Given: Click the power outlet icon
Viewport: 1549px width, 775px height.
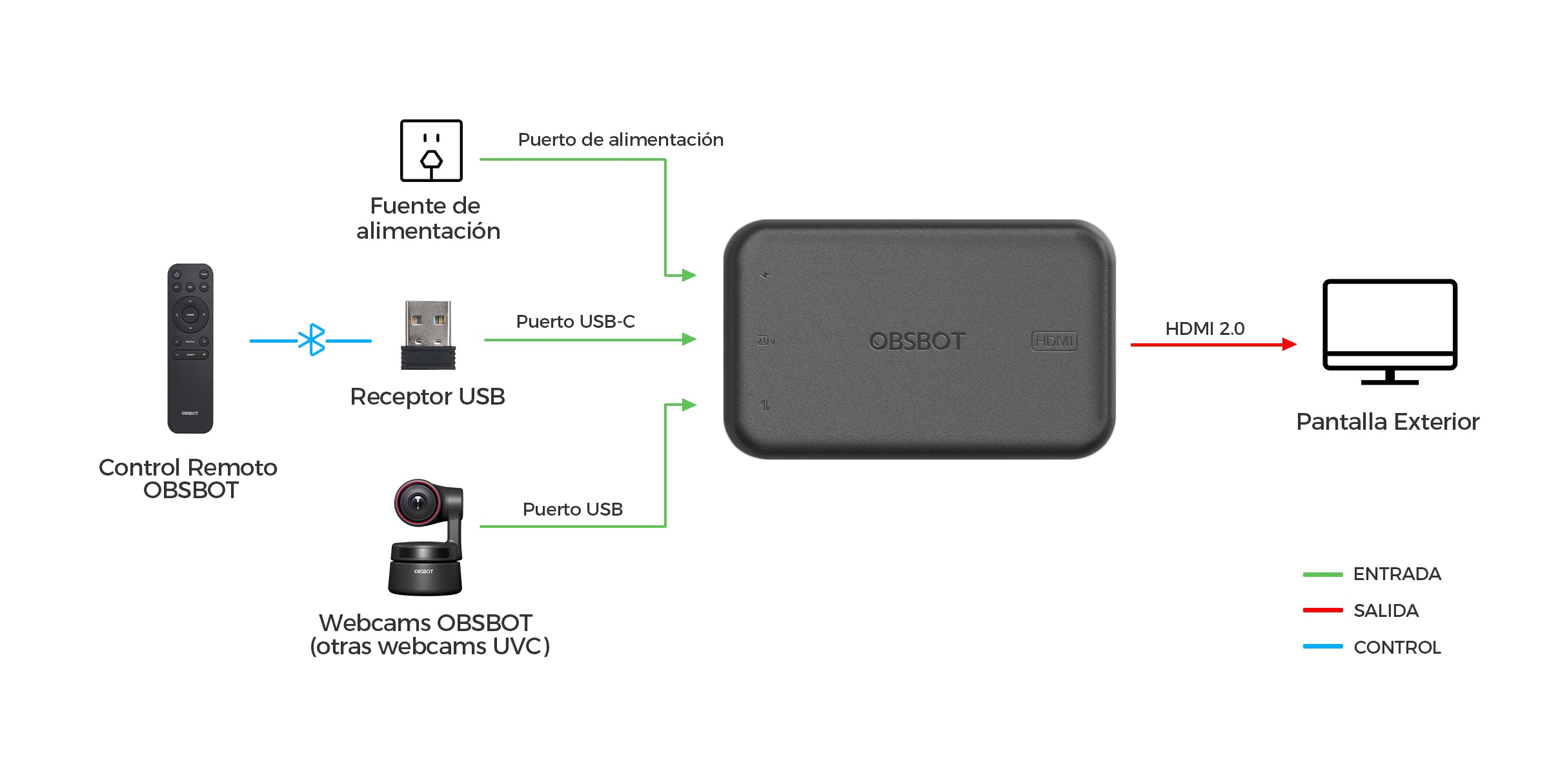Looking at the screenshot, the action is pyautogui.click(x=431, y=150).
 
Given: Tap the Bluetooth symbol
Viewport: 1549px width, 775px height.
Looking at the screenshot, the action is pyautogui.click(x=312, y=339).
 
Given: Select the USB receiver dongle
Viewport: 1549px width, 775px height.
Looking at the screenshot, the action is pyautogui.click(x=428, y=335).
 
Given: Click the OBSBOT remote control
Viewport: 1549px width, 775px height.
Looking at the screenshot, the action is pyautogui.click(x=190, y=348).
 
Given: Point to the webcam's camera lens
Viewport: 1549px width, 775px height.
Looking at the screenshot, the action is pyautogui.click(x=417, y=501).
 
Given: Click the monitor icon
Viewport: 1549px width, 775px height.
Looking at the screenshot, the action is pyautogui.click(x=1390, y=332).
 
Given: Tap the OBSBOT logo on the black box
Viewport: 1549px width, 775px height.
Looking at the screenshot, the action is pyautogui.click(x=917, y=341).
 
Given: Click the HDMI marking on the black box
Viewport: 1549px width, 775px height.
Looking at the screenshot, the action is pyautogui.click(x=1054, y=341).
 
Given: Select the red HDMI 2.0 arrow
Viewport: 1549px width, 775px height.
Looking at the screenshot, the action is pyautogui.click(x=1213, y=345).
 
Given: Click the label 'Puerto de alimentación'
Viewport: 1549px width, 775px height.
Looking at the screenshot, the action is pyautogui.click(x=620, y=139).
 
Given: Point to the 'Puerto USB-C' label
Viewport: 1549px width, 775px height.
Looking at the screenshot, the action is pyautogui.click(x=575, y=321).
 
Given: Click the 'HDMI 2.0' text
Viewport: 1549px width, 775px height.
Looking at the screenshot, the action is pyautogui.click(x=1204, y=328).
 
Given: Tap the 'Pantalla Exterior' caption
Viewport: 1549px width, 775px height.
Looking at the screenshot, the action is pyautogui.click(x=1388, y=421).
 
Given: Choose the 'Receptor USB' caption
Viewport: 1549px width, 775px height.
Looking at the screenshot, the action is pyautogui.click(x=427, y=397).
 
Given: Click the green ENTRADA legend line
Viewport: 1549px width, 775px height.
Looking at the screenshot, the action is pyautogui.click(x=1322, y=574).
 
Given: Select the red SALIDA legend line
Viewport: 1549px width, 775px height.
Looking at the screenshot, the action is pyautogui.click(x=1322, y=610).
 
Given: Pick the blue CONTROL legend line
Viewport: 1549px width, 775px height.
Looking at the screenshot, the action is pyautogui.click(x=1322, y=647).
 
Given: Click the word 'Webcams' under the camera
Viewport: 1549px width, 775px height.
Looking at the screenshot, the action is pyautogui.click(x=375, y=623).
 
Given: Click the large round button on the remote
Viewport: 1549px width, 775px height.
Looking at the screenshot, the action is pyautogui.click(x=190, y=314).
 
